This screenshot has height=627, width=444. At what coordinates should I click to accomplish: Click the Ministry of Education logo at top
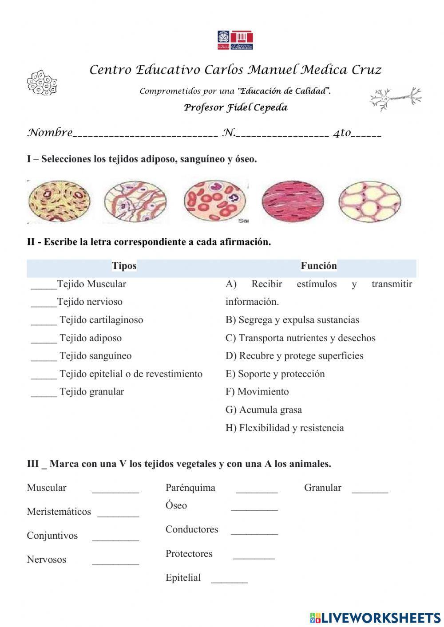pos(235,40)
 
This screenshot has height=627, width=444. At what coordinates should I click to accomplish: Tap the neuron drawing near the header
pos(395,98)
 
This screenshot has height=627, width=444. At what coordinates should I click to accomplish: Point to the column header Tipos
pos(124,266)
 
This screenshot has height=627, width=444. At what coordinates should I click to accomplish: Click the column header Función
pos(318,266)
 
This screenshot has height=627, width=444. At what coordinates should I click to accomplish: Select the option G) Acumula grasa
pos(263,410)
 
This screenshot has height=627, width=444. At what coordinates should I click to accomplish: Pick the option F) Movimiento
pos(257,391)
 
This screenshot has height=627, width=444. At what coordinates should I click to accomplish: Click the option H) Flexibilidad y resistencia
pos(284,428)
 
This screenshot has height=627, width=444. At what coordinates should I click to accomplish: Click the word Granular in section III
pos(322,488)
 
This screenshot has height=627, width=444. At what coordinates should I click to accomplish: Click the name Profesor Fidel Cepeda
pos(235,107)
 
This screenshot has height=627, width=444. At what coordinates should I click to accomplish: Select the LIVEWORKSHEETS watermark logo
pos(375,617)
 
